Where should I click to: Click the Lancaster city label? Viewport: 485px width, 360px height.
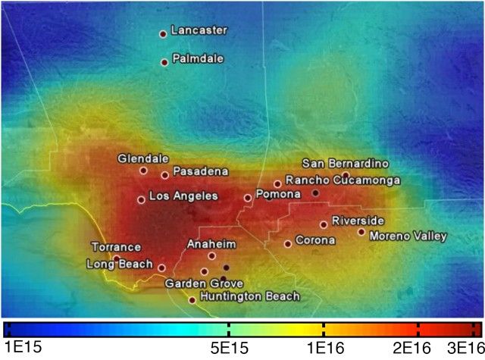pyautogui.click(x=199, y=31)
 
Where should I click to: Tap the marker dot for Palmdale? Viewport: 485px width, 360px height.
pyautogui.click(x=164, y=62)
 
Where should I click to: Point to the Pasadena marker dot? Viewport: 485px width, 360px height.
pyautogui.click(x=164, y=175)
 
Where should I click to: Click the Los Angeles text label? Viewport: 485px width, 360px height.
pyautogui.click(x=183, y=196)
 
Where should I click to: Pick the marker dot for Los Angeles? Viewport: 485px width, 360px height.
pyautogui.click(x=141, y=200)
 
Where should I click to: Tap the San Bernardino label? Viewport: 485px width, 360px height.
pyautogui.click(x=345, y=163)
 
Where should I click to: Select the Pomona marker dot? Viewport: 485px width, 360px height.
pyautogui.click(x=247, y=198)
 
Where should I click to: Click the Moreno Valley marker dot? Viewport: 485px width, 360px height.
pyautogui.click(x=361, y=232)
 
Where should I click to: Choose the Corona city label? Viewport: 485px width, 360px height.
pyautogui.click(x=314, y=240)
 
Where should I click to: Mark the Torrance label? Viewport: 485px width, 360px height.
pyautogui.click(x=116, y=247)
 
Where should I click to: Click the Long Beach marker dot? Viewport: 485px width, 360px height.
pyautogui.click(x=161, y=268)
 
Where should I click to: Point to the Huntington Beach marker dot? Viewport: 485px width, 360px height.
pyautogui.click(x=192, y=300)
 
